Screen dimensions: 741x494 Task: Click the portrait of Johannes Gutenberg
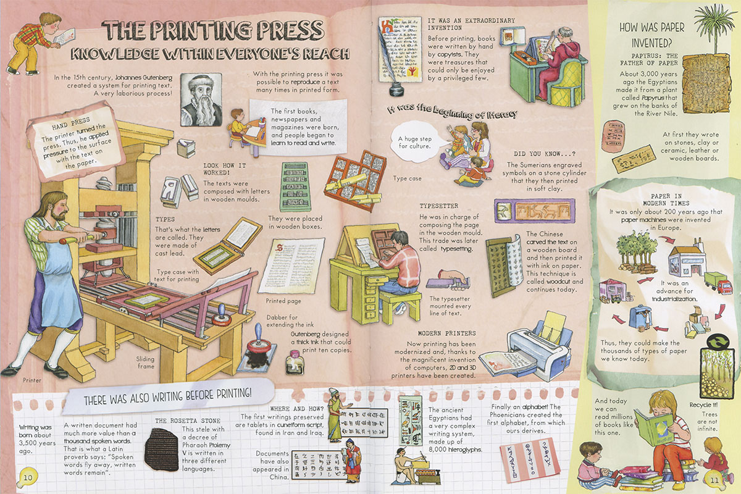click(201, 99)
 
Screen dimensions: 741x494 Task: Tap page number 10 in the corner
click(28, 477)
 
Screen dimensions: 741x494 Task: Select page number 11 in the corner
click(714, 480)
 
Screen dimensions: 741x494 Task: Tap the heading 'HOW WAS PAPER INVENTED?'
click(651, 35)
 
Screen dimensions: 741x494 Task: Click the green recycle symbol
click(717, 343)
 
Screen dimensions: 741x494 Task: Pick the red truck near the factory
click(714, 282)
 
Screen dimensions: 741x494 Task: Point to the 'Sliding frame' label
click(145, 362)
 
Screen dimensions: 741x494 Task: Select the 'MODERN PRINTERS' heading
click(446, 333)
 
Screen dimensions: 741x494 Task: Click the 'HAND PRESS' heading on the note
click(71, 124)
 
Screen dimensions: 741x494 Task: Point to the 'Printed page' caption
click(283, 301)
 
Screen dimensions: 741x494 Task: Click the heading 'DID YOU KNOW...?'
click(545, 154)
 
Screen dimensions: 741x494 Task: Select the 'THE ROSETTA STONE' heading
click(188, 421)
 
